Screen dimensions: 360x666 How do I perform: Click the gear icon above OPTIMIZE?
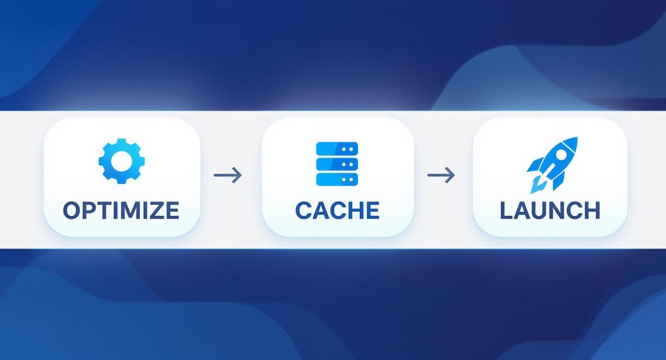point(122,161)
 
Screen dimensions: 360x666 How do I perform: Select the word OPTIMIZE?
point(121,210)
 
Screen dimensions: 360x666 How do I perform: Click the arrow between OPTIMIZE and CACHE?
point(228,175)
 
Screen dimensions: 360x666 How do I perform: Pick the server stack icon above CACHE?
point(337,164)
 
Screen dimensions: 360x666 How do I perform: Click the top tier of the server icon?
point(337,149)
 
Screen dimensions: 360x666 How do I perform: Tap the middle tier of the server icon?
point(337,164)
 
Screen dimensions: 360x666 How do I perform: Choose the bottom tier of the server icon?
point(337,179)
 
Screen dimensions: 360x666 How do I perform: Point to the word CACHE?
point(337,210)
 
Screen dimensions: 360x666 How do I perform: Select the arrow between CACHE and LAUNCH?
point(441,175)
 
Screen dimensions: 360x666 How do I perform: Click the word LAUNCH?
point(550,210)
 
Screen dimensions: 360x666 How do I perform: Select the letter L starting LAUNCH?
point(506,210)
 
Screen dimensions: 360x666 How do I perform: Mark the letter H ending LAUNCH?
point(592,210)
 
